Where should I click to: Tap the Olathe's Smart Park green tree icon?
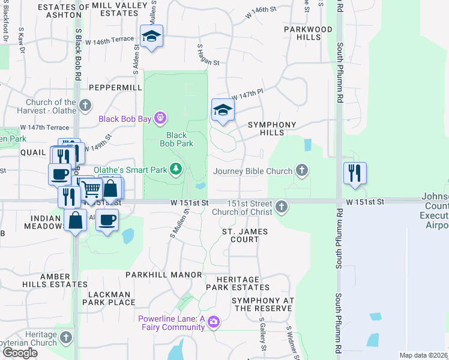[176, 170]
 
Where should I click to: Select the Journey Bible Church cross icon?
[302, 171]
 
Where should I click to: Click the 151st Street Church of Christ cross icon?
[281, 208]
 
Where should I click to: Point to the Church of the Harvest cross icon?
[85, 106]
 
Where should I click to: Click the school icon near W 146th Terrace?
[152, 37]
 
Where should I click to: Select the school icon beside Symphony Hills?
[222, 110]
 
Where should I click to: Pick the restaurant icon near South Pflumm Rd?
[355, 173]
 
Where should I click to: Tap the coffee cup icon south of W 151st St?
[107, 220]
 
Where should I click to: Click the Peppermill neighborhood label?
[115, 88]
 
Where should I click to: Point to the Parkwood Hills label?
[309, 33]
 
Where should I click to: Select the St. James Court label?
[245, 235]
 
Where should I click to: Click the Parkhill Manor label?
[164, 275]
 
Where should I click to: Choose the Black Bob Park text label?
[176, 139]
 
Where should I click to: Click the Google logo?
[20, 353]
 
